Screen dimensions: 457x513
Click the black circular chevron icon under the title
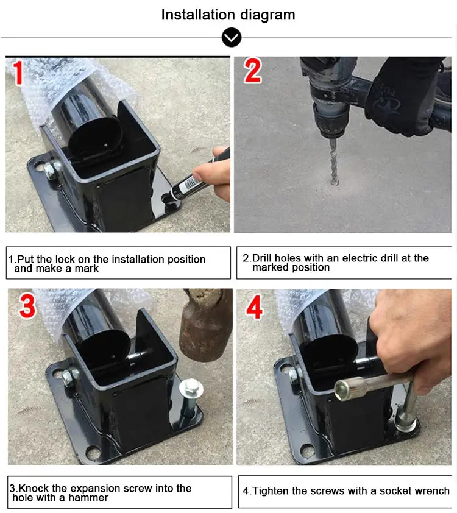click(x=232, y=38)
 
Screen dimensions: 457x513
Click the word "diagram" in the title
click(x=267, y=15)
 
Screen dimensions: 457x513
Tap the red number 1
click(x=18, y=73)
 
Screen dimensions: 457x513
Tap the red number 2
click(x=252, y=71)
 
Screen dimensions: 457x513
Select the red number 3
click(x=27, y=306)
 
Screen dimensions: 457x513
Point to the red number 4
click(x=254, y=307)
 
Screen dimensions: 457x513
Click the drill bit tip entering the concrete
click(x=334, y=182)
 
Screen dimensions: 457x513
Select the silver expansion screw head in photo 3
click(x=191, y=389)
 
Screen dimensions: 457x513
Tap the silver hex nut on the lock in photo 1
click(x=50, y=169)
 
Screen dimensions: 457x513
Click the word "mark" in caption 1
click(x=87, y=269)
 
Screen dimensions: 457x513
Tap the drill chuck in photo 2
click(x=330, y=122)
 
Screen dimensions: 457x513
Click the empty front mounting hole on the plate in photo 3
click(x=94, y=453)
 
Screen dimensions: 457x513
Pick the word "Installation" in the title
click(x=198, y=15)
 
